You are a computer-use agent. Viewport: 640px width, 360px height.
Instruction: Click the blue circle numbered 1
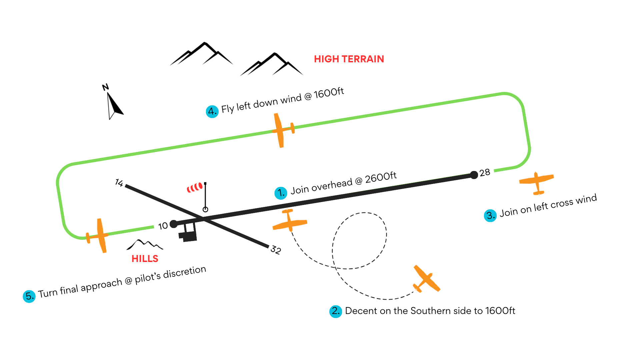[x=281, y=193]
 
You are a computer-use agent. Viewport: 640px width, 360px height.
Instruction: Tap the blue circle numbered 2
[x=336, y=311]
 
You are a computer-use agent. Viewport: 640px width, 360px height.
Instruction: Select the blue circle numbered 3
[x=490, y=215]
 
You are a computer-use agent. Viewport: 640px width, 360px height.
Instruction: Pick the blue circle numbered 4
[x=212, y=111]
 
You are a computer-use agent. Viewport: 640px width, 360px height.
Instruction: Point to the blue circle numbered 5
[x=29, y=296]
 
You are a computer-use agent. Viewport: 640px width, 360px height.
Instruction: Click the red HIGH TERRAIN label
[x=349, y=59]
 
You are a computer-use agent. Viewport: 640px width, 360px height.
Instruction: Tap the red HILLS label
[x=145, y=259]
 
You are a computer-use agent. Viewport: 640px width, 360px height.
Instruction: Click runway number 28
[x=485, y=173]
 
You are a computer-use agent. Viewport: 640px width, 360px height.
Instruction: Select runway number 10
[x=163, y=226]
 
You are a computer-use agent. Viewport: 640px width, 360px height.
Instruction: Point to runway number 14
[x=119, y=182]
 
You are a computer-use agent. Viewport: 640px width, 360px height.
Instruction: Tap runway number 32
[x=276, y=250]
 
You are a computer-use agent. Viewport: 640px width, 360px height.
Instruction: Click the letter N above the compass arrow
[x=105, y=87]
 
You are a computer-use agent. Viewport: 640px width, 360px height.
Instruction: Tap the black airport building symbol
[x=188, y=233]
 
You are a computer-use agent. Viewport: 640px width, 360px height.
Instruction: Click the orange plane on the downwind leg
[x=282, y=130]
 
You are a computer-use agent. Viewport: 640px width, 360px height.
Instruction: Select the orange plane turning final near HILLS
[x=99, y=235]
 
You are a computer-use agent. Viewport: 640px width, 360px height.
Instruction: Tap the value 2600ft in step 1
[x=381, y=178]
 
